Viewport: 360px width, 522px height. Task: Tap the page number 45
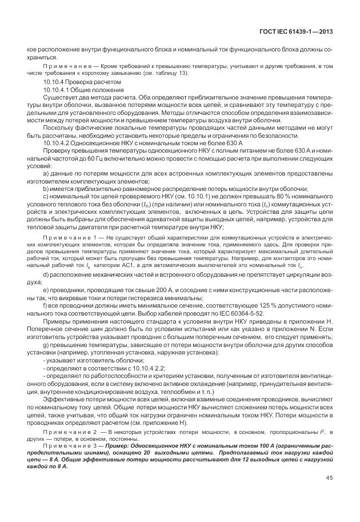[330, 477]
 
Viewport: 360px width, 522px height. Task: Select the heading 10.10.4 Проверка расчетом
[74, 82]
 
